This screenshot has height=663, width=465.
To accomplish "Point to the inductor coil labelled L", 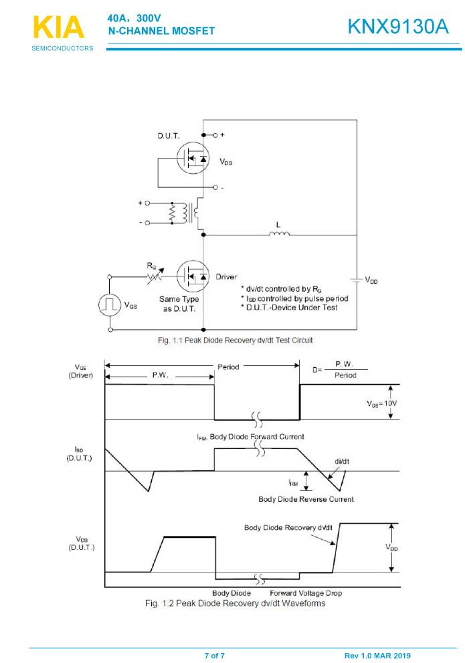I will (x=279, y=233).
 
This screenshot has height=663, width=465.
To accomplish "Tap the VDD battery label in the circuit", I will (x=371, y=281).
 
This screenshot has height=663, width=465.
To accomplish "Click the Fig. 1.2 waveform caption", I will (x=235, y=603).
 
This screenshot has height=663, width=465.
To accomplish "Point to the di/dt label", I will (x=341, y=461).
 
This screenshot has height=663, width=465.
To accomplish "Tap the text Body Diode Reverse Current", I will (x=306, y=499).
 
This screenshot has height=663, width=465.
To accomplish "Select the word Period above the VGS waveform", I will (x=228, y=367).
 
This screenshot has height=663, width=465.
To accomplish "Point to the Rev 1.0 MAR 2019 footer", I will (x=377, y=655).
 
